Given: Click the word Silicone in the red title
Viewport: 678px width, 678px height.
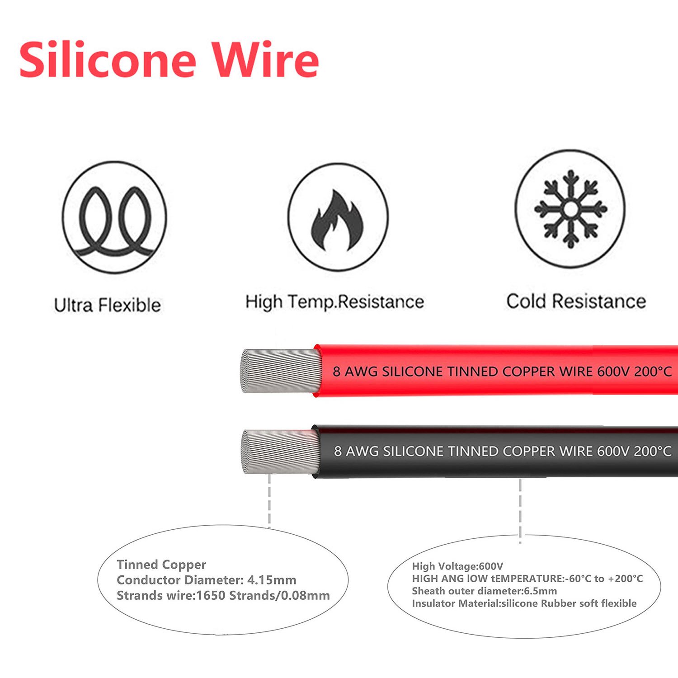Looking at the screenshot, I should pos(108,60).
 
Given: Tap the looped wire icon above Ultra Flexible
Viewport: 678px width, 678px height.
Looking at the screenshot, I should pos(114,218).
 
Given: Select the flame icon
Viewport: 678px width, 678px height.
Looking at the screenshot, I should pos(338,220).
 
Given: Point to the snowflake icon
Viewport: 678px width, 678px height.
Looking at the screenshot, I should pos(570,209).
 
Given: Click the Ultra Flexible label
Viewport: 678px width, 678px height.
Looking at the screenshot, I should pos(108,305).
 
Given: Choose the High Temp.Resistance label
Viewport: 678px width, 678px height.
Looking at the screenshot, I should pos(334,302).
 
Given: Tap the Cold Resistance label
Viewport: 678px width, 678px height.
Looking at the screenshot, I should pos(576,301).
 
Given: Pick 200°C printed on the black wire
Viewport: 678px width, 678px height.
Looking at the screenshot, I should pos(652,451).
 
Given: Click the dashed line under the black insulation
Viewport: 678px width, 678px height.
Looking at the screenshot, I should pos(520,511).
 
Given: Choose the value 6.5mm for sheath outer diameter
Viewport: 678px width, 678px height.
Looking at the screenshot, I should pos(541,591).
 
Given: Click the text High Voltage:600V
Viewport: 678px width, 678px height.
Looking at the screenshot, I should pos(457,566).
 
